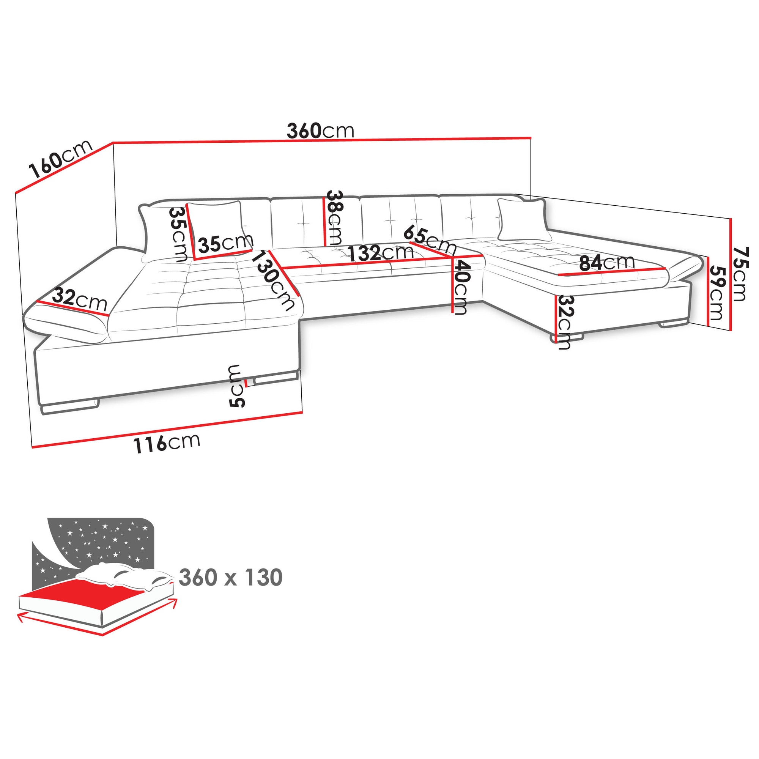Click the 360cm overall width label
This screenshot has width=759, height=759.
click(x=320, y=131)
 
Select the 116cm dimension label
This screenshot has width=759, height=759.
click(x=167, y=443)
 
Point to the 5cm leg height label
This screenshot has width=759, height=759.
click(x=236, y=386)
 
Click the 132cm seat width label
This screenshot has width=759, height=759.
click(x=381, y=253)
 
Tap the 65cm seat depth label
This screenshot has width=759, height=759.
click(x=430, y=239)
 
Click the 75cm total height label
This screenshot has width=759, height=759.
click(x=740, y=274)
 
